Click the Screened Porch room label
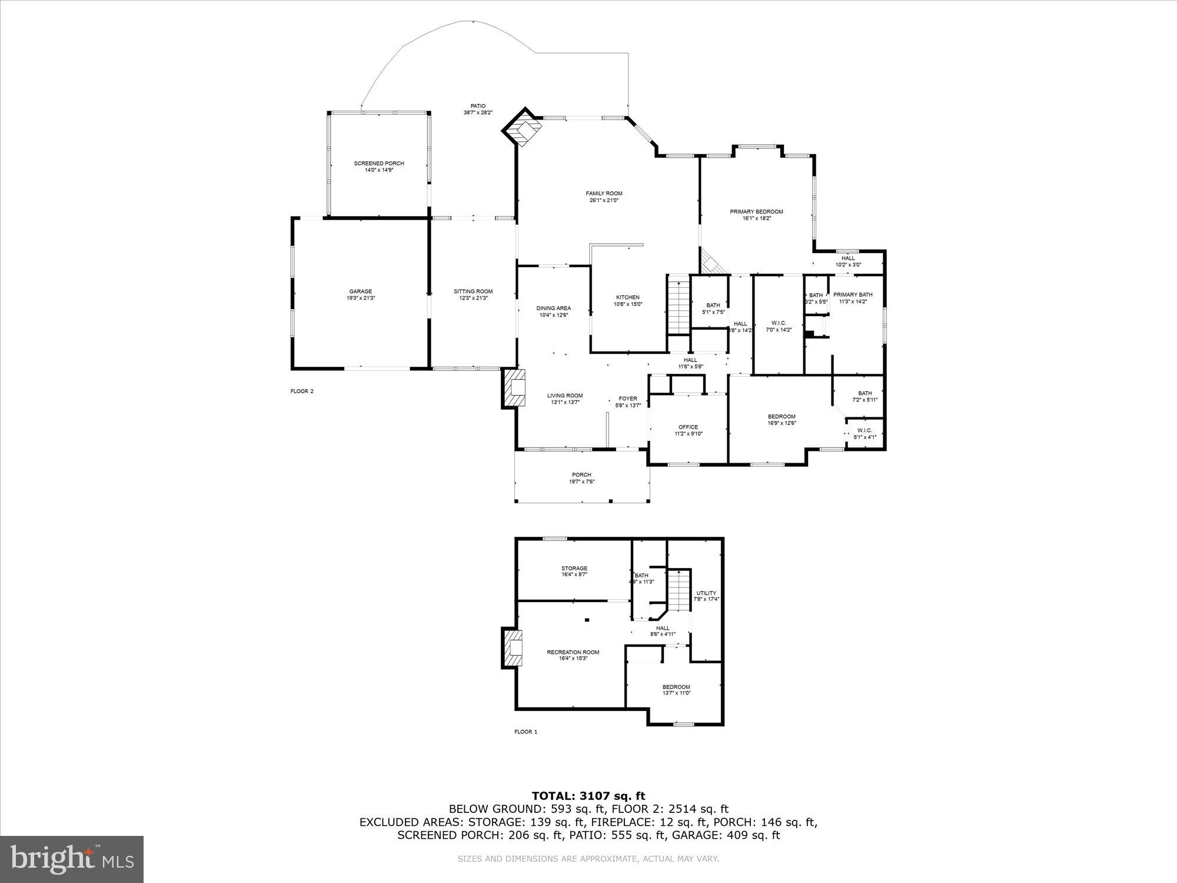pyautogui.click(x=378, y=163)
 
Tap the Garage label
pyautogui.click(x=360, y=291)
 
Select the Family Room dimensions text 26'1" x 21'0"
pyautogui.click(x=604, y=200)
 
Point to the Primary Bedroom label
pyautogui.click(x=756, y=211)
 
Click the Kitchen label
pyautogui.click(x=627, y=297)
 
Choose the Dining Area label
pyautogui.click(x=553, y=308)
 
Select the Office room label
pyautogui.click(x=688, y=427)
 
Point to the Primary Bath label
pyautogui.click(x=853, y=294)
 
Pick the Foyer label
pyautogui.click(x=627, y=399)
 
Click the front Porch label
pyautogui.click(x=581, y=474)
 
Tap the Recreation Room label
pyautogui.click(x=573, y=652)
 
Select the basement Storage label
pyautogui.click(x=574, y=568)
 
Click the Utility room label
pyautogui.click(x=706, y=593)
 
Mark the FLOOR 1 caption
pyautogui.click(x=526, y=732)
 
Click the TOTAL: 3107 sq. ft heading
pyautogui.click(x=588, y=796)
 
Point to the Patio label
pyautogui.click(x=478, y=106)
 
